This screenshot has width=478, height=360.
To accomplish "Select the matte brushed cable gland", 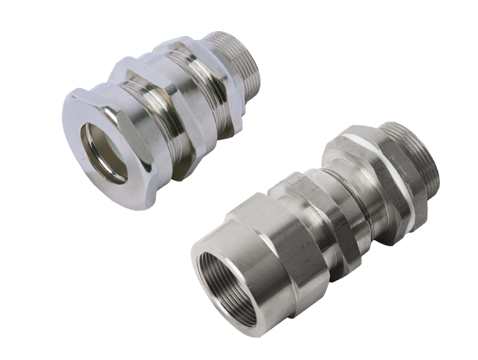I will tap(317, 233).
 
